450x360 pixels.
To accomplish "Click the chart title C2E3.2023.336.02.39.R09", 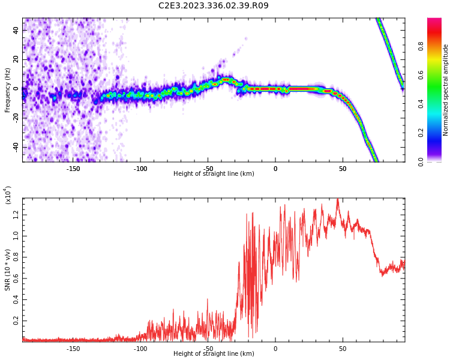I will tap(214, 6).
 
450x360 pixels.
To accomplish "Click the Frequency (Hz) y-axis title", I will tap(8, 90).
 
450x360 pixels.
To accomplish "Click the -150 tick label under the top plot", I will tap(73, 168).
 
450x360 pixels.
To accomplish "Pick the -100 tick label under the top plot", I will tap(140, 168).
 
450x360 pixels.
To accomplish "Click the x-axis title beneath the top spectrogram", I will tap(214, 174).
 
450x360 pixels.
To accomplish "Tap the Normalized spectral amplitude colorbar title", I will tap(446, 90).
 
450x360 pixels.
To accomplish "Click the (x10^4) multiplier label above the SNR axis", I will tap(8, 196).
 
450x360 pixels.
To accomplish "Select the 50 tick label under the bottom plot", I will tap(343, 348).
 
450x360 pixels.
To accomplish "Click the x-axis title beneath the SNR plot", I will tap(214, 354).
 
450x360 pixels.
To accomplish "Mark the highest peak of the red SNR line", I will tap(338, 200).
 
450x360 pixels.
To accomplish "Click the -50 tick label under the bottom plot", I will tap(208, 348).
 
